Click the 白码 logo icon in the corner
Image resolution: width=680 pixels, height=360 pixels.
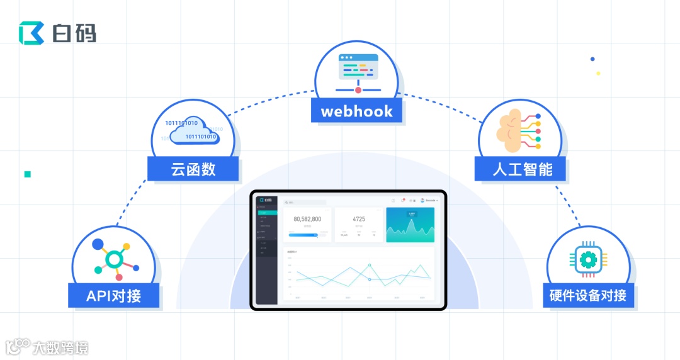point(31,33)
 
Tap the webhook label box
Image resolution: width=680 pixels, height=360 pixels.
point(357,111)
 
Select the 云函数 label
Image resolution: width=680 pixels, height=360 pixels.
point(193,169)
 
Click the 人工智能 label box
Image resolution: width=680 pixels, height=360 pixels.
point(521,169)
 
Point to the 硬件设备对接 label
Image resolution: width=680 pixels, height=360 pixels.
point(588,295)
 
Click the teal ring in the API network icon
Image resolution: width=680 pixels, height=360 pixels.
point(114,259)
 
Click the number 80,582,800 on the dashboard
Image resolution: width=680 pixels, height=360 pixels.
point(307,219)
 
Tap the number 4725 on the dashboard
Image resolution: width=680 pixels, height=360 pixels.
point(359,219)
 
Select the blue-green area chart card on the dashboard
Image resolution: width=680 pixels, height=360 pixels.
point(410,225)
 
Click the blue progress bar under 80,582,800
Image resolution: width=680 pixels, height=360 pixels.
point(303,235)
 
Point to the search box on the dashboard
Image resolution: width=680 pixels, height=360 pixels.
point(305,202)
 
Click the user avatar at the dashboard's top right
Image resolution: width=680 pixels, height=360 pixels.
point(422,200)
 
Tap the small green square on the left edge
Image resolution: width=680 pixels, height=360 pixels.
point(28,174)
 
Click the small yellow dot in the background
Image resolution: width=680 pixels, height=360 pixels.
point(598,73)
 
